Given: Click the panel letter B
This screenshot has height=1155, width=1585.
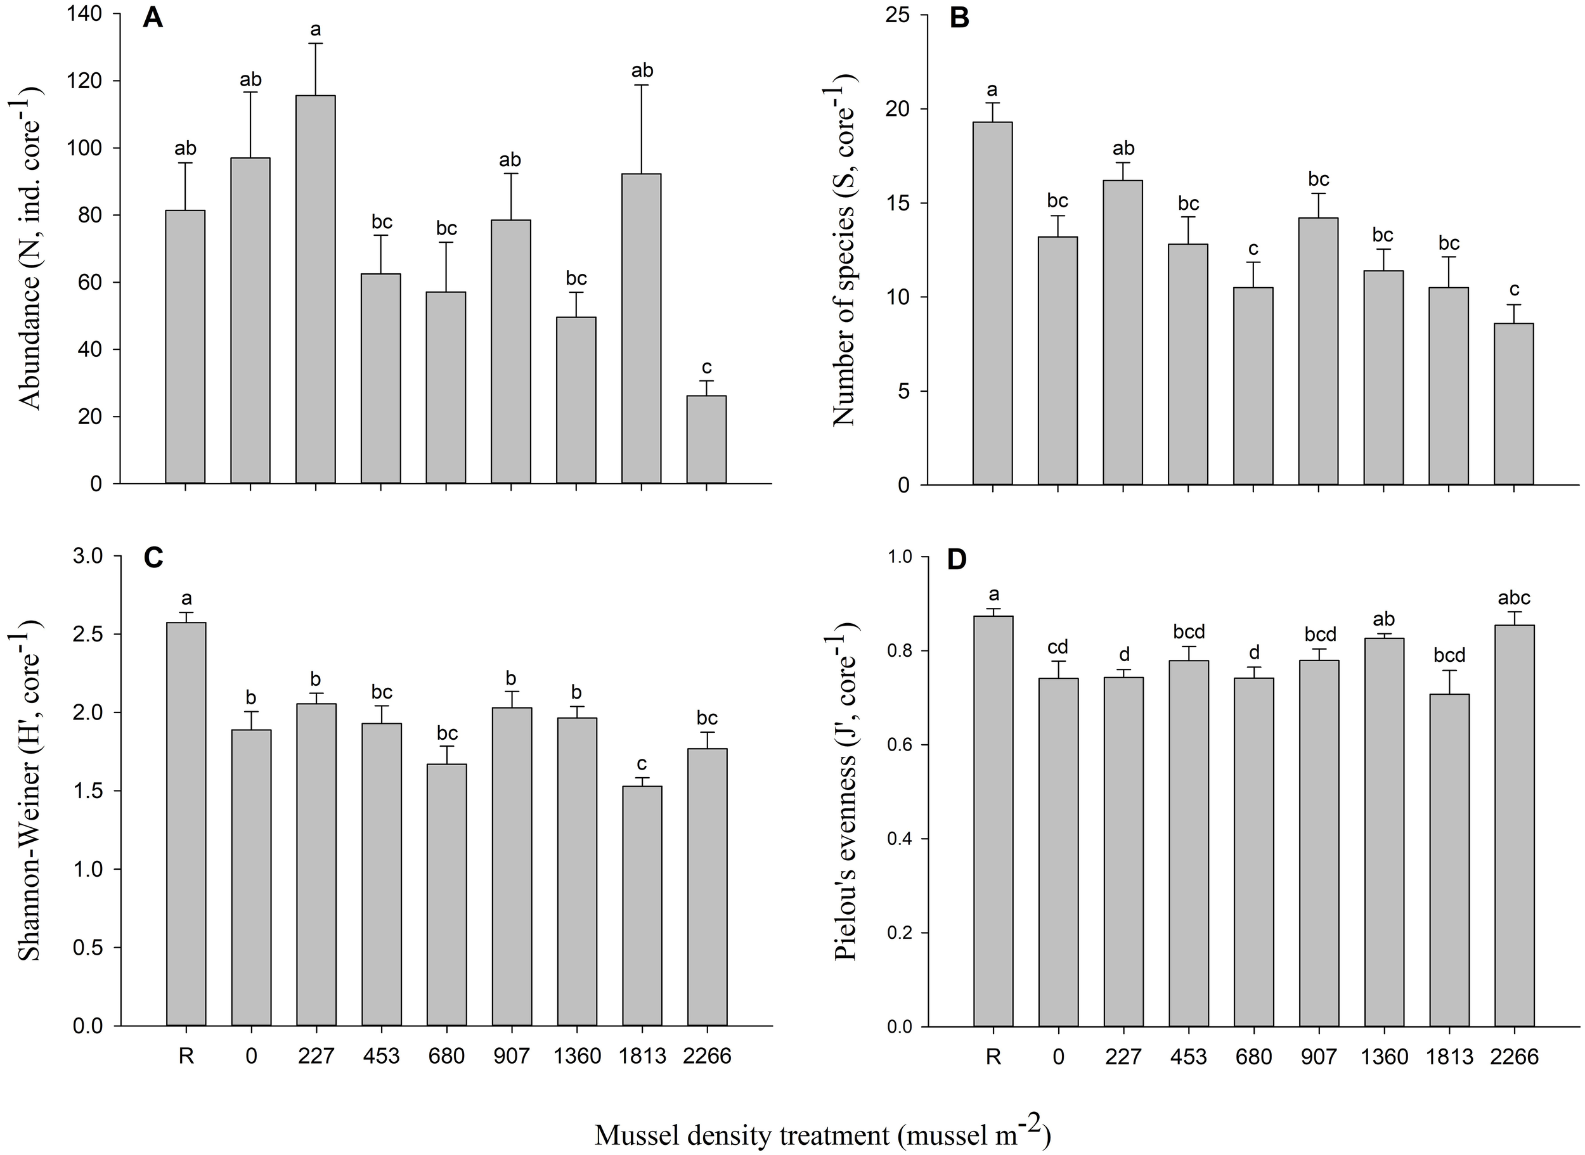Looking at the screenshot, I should click(x=960, y=19).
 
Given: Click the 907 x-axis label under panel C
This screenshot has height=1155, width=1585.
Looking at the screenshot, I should click(x=512, y=1055).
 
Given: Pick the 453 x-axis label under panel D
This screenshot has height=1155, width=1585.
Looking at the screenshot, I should click(x=1189, y=1055).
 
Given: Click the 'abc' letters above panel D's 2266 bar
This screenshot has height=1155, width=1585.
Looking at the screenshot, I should click(x=1515, y=598).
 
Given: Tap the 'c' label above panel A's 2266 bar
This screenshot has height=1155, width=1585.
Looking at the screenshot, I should click(x=706, y=367).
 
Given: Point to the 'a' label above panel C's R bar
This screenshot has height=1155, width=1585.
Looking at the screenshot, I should click(x=186, y=598).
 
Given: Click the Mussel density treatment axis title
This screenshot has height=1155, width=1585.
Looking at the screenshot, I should click(x=822, y=1135).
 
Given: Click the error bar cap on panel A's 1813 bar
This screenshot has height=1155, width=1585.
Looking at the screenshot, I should click(x=642, y=86).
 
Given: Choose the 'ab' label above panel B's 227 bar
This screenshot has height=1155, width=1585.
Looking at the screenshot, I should click(x=1123, y=148).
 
